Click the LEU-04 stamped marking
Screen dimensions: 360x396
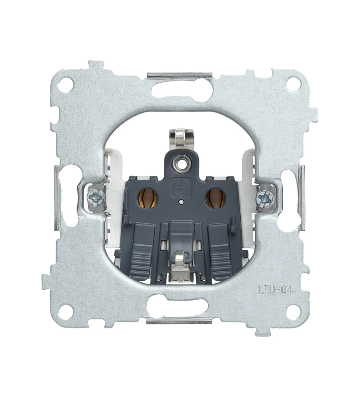(274, 290)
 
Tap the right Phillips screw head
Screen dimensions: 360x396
(265, 196)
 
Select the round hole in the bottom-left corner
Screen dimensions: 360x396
(66, 310)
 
